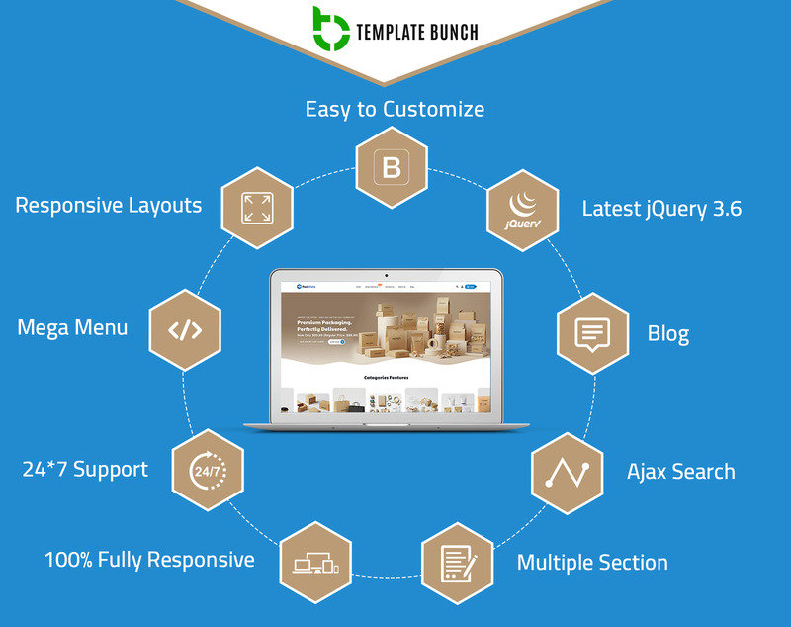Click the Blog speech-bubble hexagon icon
point(592,334)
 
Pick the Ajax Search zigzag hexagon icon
point(567,473)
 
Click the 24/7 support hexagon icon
point(208,469)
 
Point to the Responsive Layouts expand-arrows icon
point(257,208)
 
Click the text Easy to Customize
point(395,108)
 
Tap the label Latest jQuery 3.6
point(661,209)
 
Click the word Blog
point(668,333)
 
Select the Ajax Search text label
point(681,471)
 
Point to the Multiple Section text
point(592,563)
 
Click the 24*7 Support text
point(85,468)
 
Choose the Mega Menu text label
point(72,326)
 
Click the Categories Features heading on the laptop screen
point(386,377)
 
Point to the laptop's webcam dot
point(386,274)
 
